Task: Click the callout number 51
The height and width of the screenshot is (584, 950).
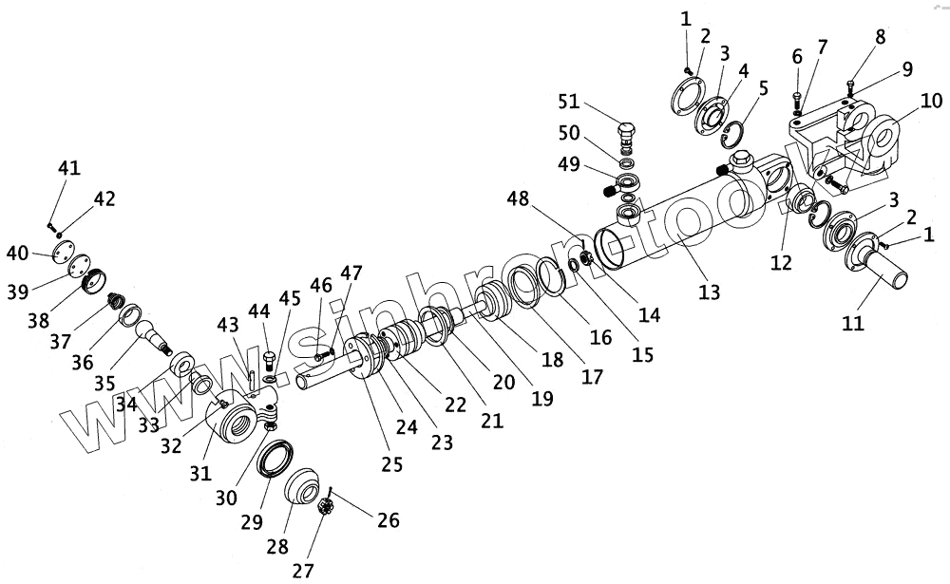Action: (x=569, y=102)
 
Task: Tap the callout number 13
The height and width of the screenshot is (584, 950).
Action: (x=709, y=292)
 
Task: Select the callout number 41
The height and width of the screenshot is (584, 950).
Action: (x=69, y=168)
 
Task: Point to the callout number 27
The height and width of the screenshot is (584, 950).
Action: (x=303, y=570)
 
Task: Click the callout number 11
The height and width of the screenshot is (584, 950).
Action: (x=852, y=323)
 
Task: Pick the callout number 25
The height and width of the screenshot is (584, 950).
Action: (x=392, y=464)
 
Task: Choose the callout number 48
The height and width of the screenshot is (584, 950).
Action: (x=518, y=198)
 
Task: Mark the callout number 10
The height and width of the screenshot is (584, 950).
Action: (x=932, y=101)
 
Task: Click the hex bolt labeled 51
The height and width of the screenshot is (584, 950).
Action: (x=626, y=138)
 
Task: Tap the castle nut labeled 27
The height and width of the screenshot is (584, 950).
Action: (x=327, y=507)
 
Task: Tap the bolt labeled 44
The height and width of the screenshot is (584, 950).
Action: (x=270, y=360)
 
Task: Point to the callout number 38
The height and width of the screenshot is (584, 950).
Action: (x=38, y=319)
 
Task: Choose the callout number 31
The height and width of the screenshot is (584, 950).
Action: (x=199, y=473)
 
